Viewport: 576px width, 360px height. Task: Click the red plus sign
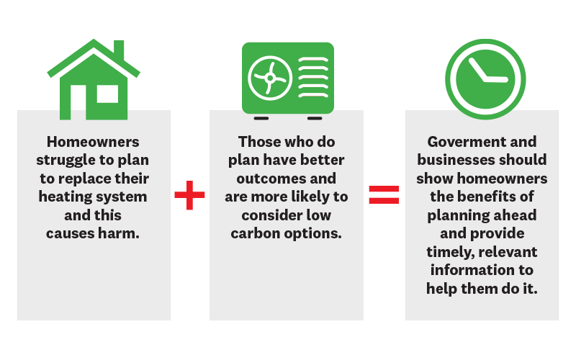point(189,195)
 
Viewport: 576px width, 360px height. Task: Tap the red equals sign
point(384,194)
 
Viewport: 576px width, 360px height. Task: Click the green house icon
point(94,79)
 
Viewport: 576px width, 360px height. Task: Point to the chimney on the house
point(119,50)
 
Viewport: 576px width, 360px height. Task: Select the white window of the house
point(107,94)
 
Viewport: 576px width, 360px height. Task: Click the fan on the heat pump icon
point(270,78)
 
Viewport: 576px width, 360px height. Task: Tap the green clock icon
point(485,79)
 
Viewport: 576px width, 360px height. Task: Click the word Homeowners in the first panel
point(93,142)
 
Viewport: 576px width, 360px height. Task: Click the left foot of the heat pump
point(261,118)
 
